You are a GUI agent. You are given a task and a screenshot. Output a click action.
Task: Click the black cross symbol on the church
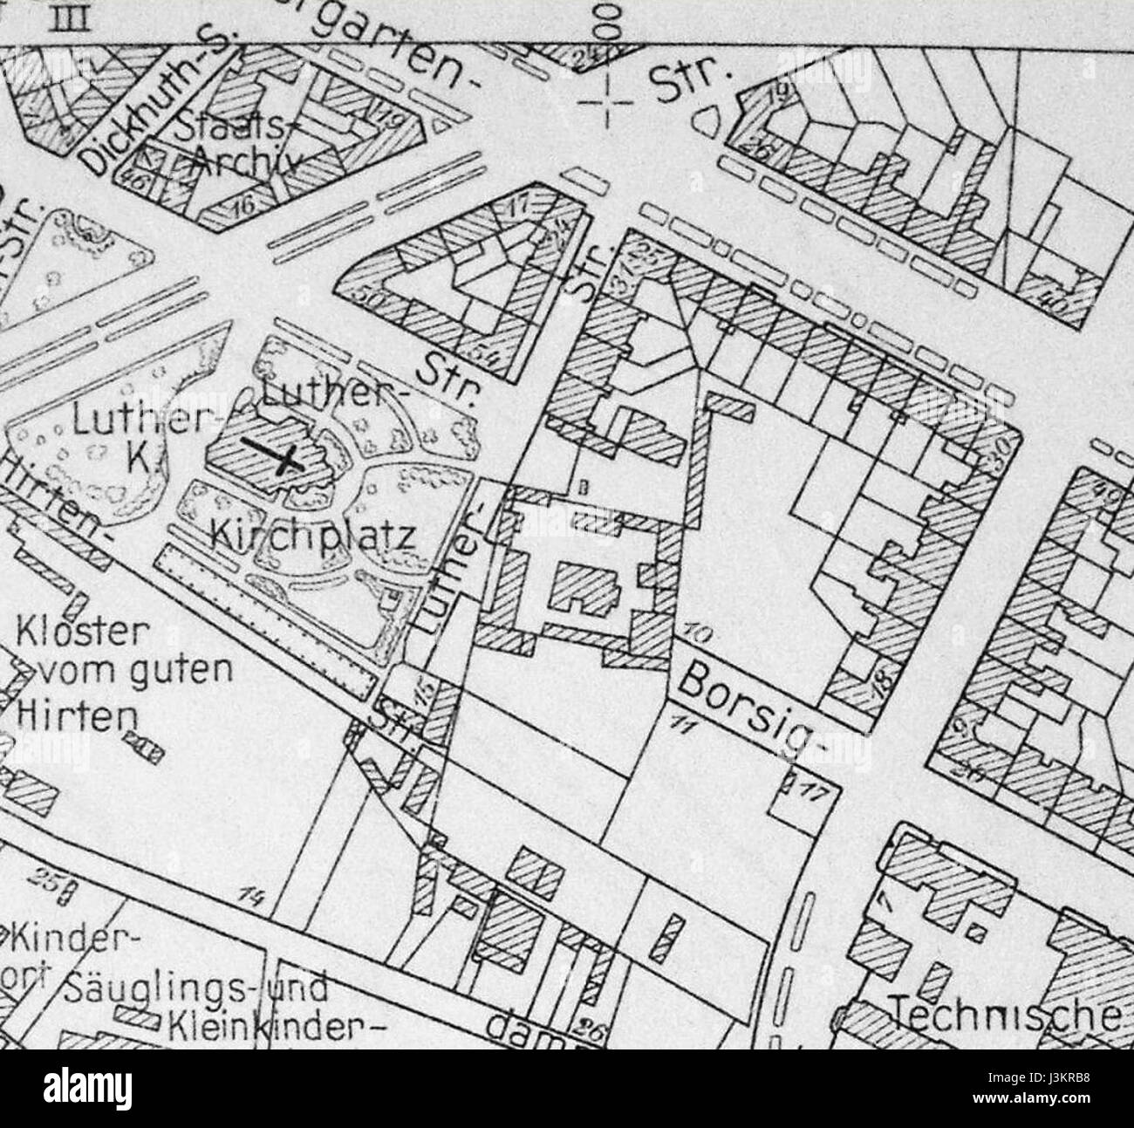pos(273,455)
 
